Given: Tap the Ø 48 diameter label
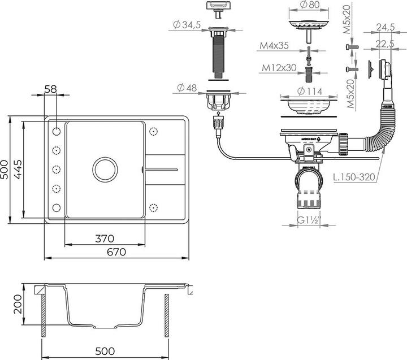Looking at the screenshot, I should point(189,88).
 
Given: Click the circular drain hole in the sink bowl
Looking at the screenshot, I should point(105,168).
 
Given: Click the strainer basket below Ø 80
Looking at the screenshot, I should point(308,25).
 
